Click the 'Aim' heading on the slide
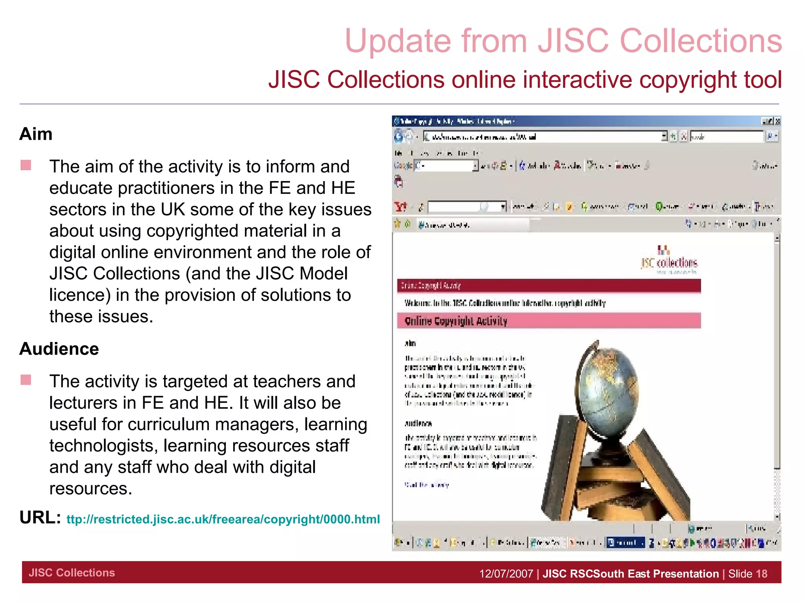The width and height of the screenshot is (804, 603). point(36,134)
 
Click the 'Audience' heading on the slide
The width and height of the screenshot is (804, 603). point(59,349)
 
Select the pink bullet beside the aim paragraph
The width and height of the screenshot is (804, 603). point(26,165)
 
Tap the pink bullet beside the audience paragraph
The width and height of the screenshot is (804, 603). point(26,380)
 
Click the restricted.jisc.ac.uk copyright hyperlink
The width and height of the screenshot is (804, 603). point(223,519)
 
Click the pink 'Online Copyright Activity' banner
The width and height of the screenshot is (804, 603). point(548,321)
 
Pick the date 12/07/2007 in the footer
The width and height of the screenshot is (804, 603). point(506,574)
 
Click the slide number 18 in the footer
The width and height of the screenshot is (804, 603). point(761,574)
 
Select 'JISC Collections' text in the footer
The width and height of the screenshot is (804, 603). point(72,573)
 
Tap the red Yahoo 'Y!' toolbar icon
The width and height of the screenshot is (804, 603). point(400,206)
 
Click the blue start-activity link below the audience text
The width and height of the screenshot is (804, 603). point(427,485)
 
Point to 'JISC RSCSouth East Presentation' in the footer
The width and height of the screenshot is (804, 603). point(630,574)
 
